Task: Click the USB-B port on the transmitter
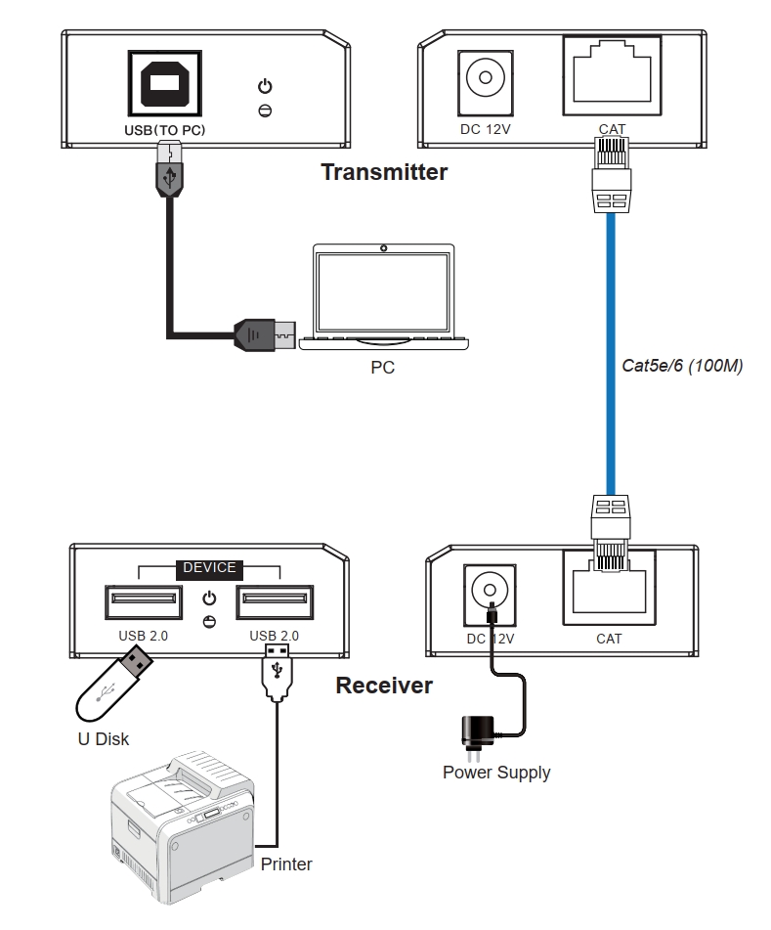tap(165, 83)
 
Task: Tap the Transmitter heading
tap(384, 172)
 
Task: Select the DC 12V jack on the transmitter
tap(486, 82)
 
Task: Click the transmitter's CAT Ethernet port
tap(612, 75)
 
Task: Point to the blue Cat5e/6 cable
tap(611, 353)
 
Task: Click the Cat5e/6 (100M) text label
tap(682, 366)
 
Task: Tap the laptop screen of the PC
tap(383, 292)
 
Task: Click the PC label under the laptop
tap(382, 368)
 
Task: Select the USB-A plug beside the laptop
tap(265, 335)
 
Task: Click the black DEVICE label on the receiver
tap(209, 568)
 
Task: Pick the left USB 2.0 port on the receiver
tap(144, 602)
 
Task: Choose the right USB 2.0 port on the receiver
tap(275, 602)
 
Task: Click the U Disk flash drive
tap(113, 684)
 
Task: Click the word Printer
tap(286, 864)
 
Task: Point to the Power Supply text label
tap(496, 773)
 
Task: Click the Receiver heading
tap(384, 686)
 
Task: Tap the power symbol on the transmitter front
tap(265, 86)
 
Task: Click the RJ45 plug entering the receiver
tap(611, 533)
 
